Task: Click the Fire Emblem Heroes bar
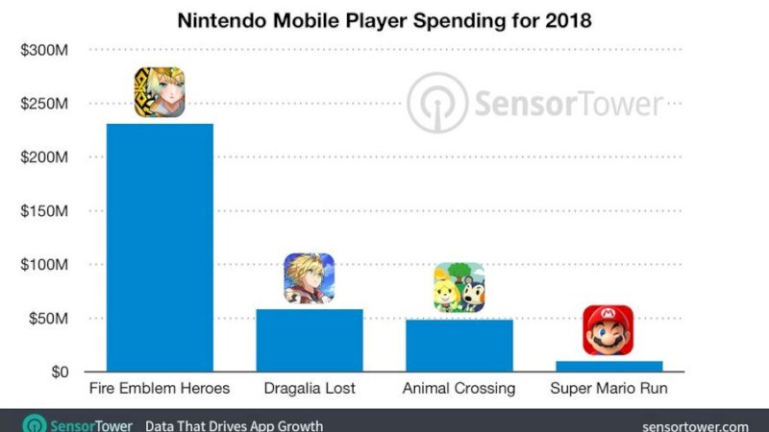pyautogui.click(x=159, y=247)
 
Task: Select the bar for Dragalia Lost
pyautogui.click(x=309, y=340)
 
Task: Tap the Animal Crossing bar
pyautogui.click(x=459, y=345)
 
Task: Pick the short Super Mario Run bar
pyautogui.click(x=608, y=366)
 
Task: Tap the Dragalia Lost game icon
pyautogui.click(x=309, y=277)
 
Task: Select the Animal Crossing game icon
pyautogui.click(x=459, y=288)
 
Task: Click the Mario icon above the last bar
pyautogui.click(x=608, y=330)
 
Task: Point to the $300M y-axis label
pyautogui.click(x=43, y=50)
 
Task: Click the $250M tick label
pyautogui.click(x=43, y=104)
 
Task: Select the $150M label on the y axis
pyautogui.click(x=43, y=211)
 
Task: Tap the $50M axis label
pyautogui.click(x=47, y=319)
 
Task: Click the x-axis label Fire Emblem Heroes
pyautogui.click(x=159, y=389)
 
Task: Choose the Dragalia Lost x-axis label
pyautogui.click(x=309, y=389)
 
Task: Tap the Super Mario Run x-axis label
pyautogui.click(x=608, y=389)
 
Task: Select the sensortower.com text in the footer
pyautogui.click(x=694, y=425)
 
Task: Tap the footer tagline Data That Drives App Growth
pyautogui.click(x=234, y=425)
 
